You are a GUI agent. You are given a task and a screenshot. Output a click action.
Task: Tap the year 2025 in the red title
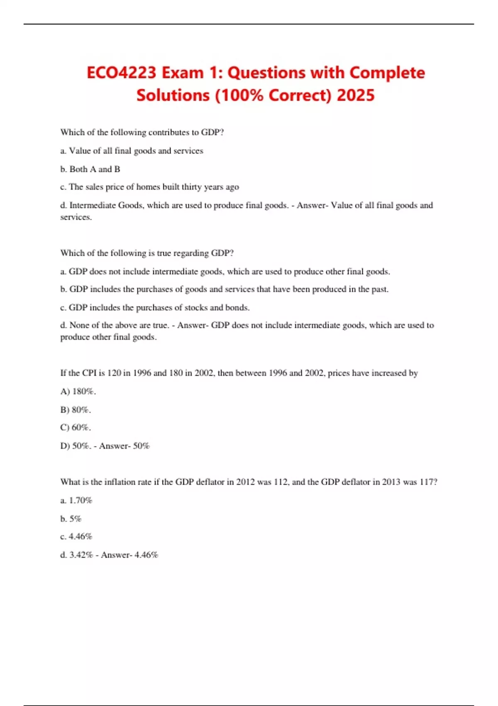point(356,96)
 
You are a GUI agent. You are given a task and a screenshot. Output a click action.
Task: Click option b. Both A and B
point(90,169)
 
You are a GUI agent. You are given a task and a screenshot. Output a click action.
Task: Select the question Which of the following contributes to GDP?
point(142,132)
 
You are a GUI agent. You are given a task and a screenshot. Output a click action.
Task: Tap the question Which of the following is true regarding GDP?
point(147,253)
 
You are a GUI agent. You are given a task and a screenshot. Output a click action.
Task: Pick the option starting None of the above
point(115,325)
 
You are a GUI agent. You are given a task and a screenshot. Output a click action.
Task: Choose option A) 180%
point(78,391)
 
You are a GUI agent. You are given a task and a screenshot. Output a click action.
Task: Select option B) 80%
point(76,410)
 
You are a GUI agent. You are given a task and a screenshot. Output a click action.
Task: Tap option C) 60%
point(76,427)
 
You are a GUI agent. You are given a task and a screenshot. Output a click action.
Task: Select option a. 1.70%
point(76,500)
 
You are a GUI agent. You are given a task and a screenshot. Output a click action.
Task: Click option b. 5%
point(71,519)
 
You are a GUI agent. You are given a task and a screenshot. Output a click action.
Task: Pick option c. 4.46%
point(76,537)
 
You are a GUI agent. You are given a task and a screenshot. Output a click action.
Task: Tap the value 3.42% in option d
point(81,555)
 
